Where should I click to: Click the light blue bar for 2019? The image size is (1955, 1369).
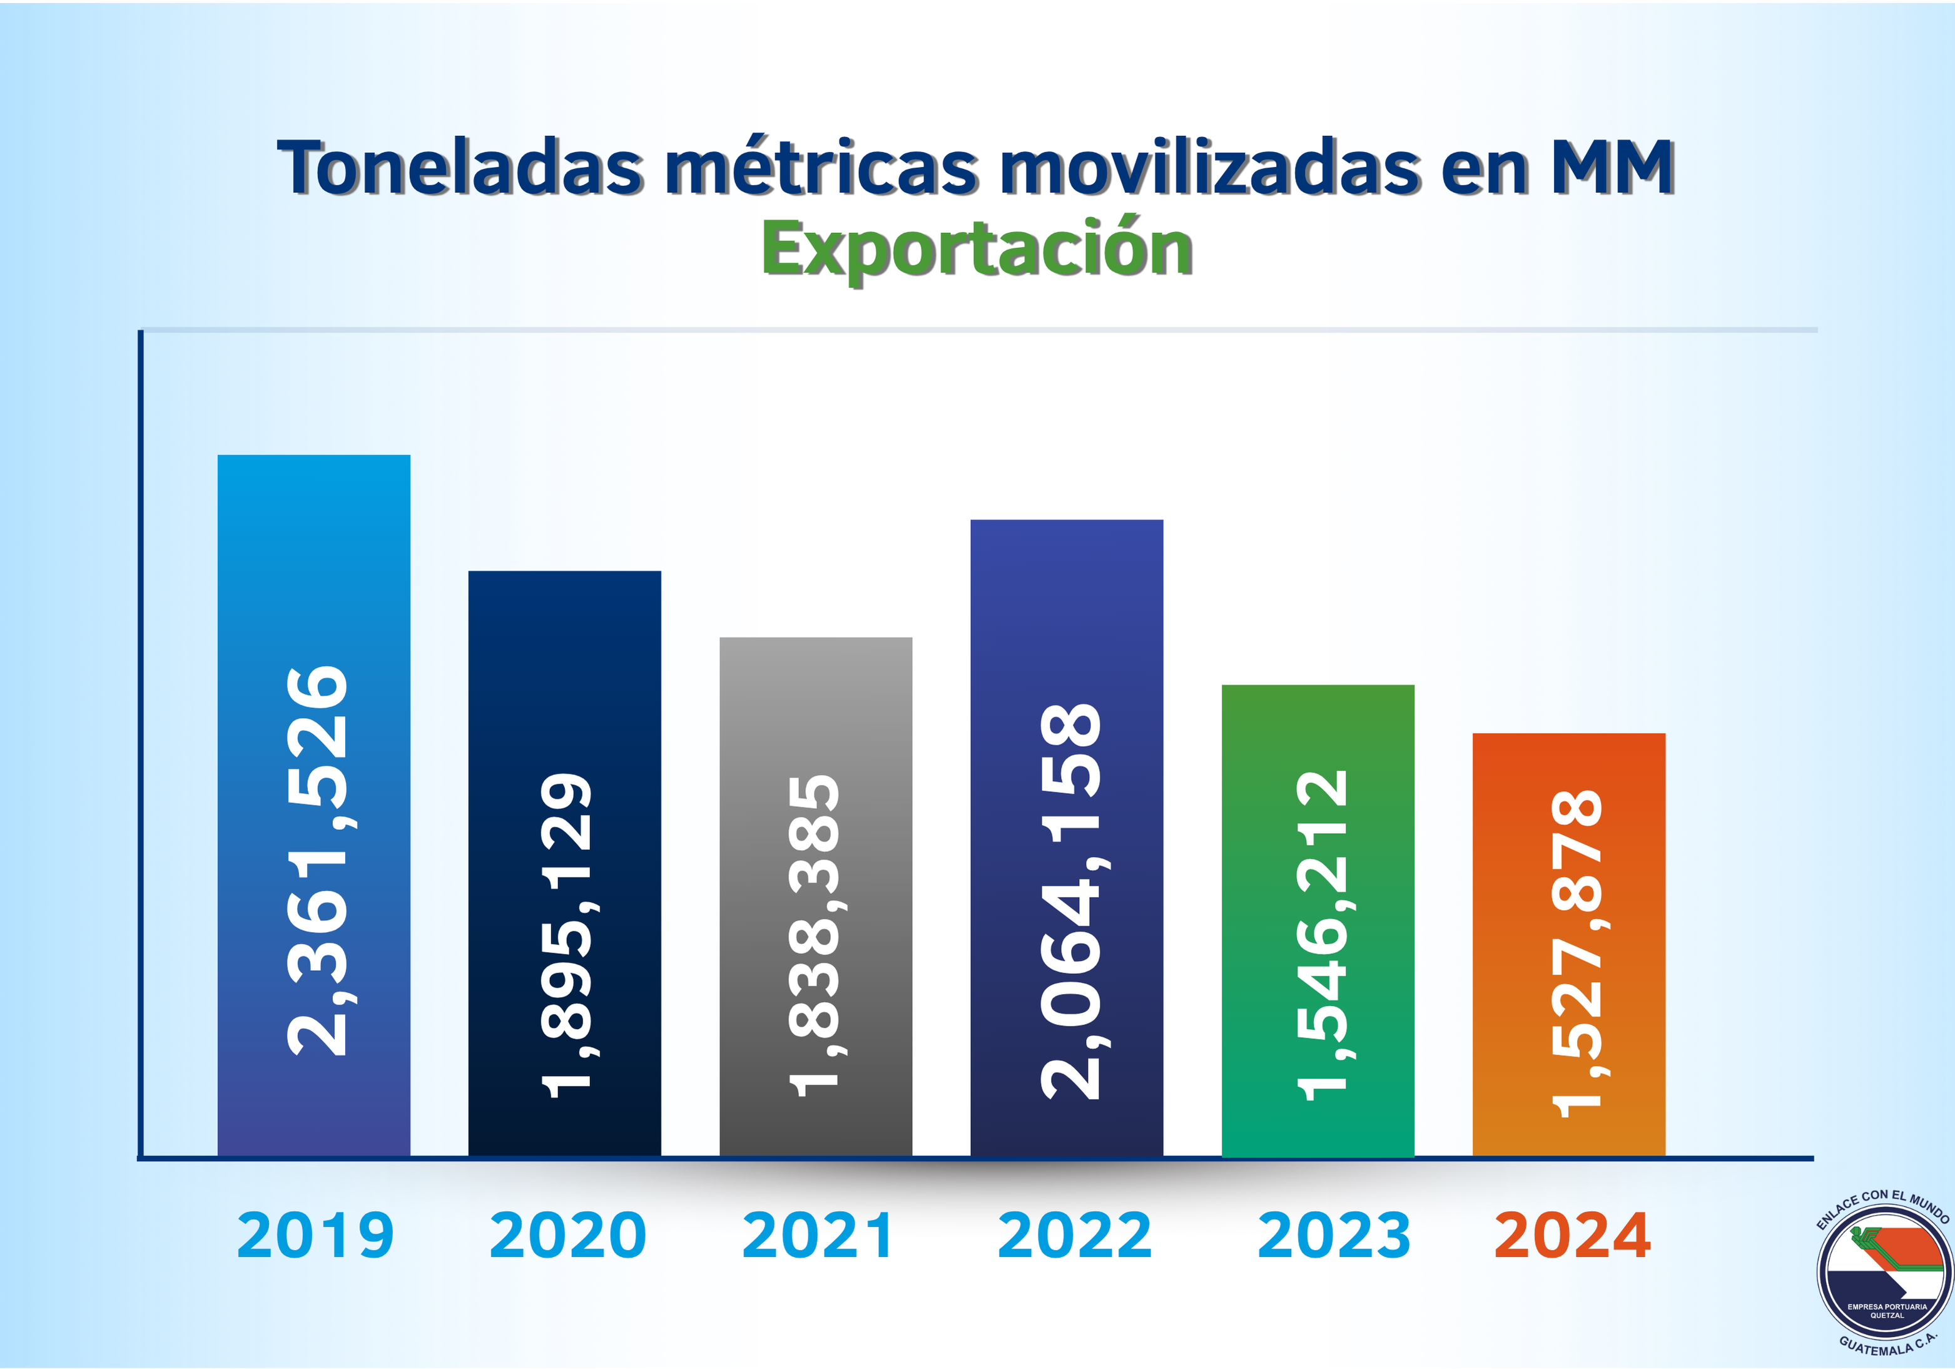[x=313, y=554]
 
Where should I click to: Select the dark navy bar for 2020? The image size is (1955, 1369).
[x=564, y=665]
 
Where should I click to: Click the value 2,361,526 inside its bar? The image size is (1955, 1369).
[x=317, y=861]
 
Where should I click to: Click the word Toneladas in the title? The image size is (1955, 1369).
[x=460, y=167]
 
